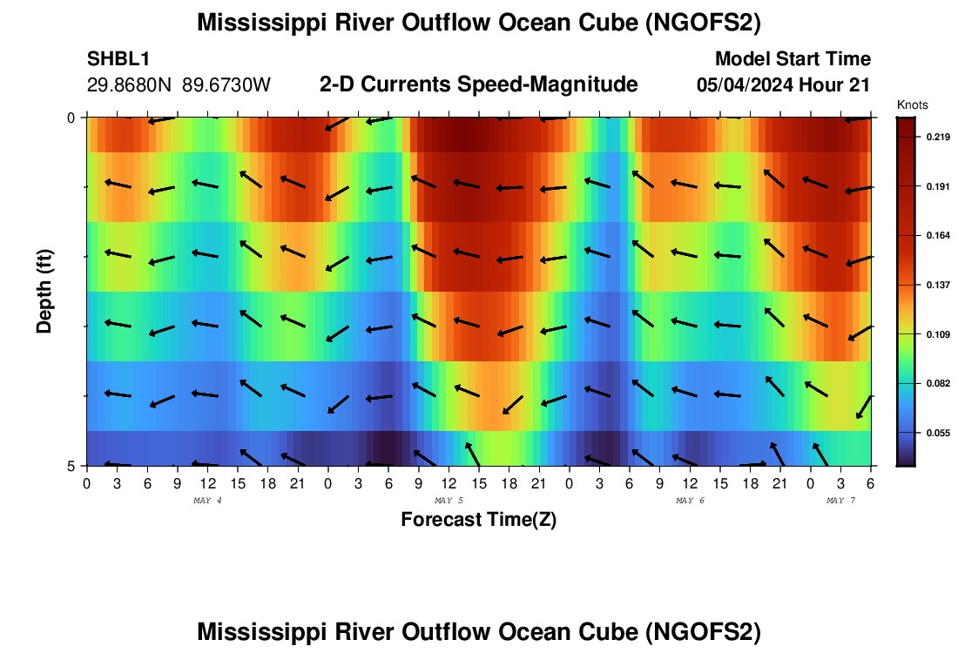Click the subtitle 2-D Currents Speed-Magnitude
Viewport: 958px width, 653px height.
479,84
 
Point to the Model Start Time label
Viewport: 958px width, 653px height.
793,59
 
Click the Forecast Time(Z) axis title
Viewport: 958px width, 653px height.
478,520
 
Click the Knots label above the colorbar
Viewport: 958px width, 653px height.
912,104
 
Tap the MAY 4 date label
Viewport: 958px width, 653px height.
207,501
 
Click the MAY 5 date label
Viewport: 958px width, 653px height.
449,501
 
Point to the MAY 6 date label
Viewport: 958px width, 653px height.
690,501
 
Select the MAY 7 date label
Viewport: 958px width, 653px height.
840,501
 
